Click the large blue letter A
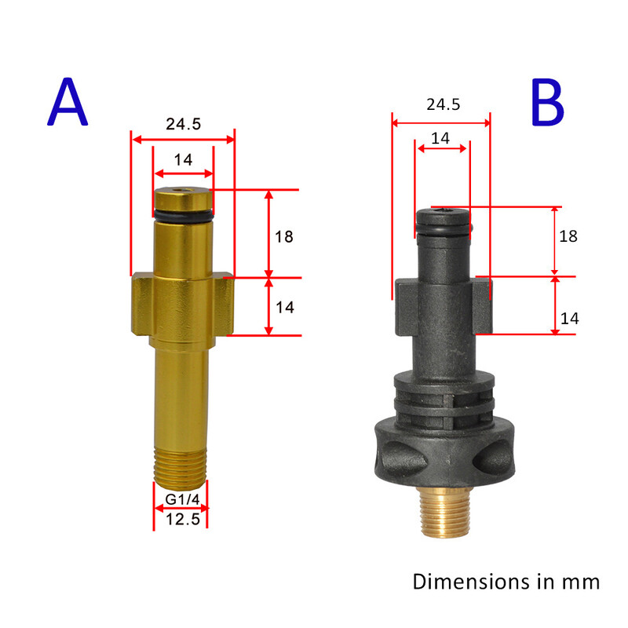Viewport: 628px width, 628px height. (x=68, y=104)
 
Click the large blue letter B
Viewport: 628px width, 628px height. (x=547, y=104)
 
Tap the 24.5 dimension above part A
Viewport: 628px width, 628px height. (x=182, y=124)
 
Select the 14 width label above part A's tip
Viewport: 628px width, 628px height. (x=183, y=159)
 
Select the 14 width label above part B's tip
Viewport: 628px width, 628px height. (x=441, y=138)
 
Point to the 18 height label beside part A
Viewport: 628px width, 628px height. (x=284, y=235)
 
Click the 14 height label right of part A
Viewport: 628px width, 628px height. (x=284, y=307)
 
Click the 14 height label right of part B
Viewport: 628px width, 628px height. (x=569, y=318)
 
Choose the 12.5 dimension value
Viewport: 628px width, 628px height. (x=181, y=519)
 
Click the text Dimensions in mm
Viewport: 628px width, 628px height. (x=506, y=582)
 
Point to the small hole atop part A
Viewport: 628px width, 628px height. (x=183, y=191)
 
